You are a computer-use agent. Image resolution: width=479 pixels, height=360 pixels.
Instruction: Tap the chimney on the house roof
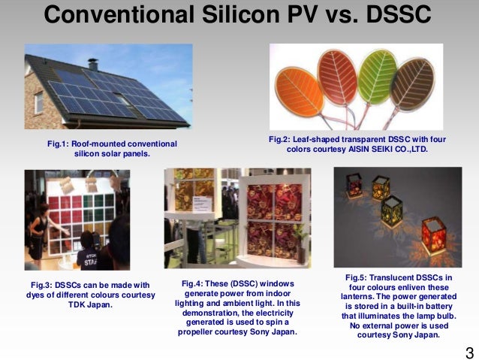point(92,65)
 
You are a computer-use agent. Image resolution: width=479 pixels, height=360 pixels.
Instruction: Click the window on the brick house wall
point(38,102)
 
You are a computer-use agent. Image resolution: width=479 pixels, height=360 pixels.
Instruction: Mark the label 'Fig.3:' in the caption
point(44,285)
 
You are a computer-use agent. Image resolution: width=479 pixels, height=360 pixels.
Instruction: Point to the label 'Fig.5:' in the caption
point(360,277)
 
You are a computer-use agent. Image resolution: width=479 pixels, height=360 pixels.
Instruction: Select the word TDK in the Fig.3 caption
point(73,304)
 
